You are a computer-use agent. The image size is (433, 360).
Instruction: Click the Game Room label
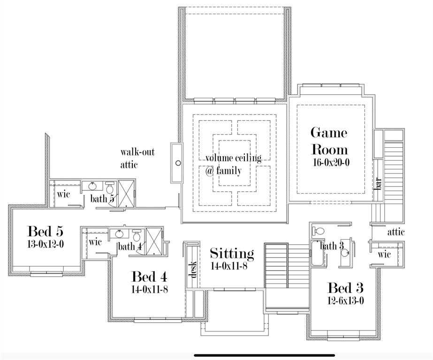point(329,141)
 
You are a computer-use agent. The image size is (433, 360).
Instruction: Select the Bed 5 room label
point(45,231)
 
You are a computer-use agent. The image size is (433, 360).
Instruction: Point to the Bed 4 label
point(149,277)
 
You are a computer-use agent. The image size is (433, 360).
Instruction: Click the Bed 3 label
point(345,288)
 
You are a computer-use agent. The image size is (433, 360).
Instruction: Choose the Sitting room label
point(232,254)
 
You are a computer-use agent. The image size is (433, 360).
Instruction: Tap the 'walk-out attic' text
point(137,158)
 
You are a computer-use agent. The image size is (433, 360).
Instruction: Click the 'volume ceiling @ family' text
point(233,164)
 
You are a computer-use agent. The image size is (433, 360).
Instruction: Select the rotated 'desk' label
point(192,268)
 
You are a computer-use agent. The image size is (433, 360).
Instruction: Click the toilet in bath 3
point(319,231)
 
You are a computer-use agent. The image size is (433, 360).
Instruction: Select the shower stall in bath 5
point(126,193)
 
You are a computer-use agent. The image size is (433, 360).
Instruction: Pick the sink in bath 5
point(92,186)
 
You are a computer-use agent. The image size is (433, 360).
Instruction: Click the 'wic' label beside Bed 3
point(384,254)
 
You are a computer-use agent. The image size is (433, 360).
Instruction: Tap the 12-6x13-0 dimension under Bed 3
point(346,301)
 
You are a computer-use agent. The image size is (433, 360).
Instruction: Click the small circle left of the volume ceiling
point(178,163)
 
